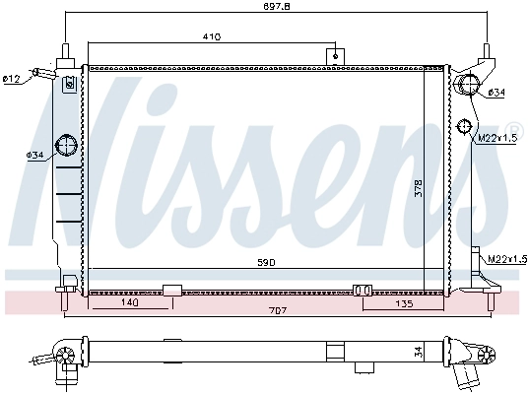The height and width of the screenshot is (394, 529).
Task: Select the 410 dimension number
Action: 212,36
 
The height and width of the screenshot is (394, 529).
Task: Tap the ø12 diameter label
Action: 12,79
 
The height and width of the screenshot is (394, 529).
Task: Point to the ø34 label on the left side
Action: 35,155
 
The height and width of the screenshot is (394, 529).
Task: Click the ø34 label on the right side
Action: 496,92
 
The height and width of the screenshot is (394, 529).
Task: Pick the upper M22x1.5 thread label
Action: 497,138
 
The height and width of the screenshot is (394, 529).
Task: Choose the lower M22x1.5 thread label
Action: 507,259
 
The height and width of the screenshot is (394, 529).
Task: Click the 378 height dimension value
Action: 419,188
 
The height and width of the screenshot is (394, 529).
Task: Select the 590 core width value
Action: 266,262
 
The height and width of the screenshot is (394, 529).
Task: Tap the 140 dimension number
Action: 130,302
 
